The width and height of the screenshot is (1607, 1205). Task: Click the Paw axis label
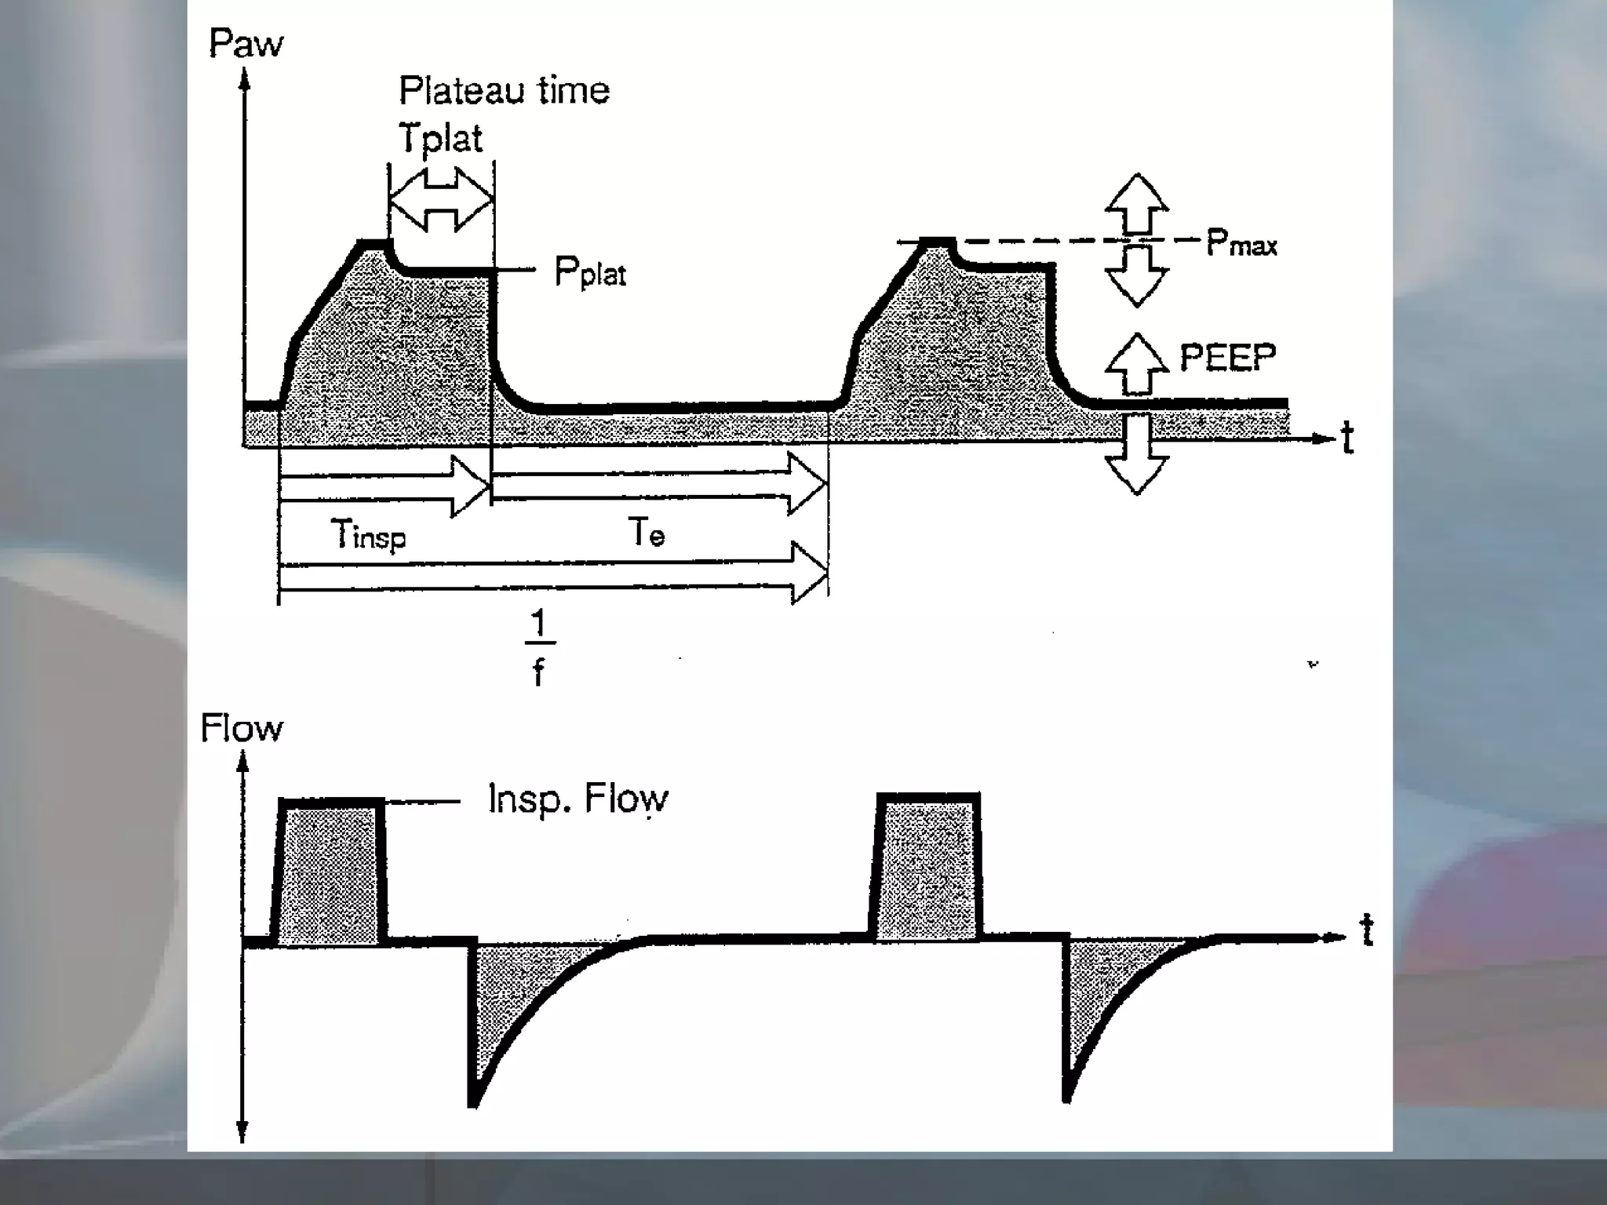246,44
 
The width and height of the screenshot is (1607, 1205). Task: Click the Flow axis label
241,728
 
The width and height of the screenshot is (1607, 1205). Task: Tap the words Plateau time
504,90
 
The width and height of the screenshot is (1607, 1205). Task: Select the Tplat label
440,138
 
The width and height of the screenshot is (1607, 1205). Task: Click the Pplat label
590,273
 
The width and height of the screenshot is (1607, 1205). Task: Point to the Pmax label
1241,243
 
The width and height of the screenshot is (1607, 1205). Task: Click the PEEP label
1228,358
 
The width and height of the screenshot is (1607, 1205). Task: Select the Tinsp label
368,535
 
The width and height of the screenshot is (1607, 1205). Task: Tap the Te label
647,533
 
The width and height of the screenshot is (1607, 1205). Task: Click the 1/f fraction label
538,648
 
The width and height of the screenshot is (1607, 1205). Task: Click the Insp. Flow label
578,799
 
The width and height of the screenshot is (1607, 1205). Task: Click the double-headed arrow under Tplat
441,199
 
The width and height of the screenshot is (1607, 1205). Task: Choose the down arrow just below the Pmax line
1137,275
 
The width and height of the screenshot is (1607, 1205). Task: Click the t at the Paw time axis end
1347,438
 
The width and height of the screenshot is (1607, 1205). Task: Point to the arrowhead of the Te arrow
808,485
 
